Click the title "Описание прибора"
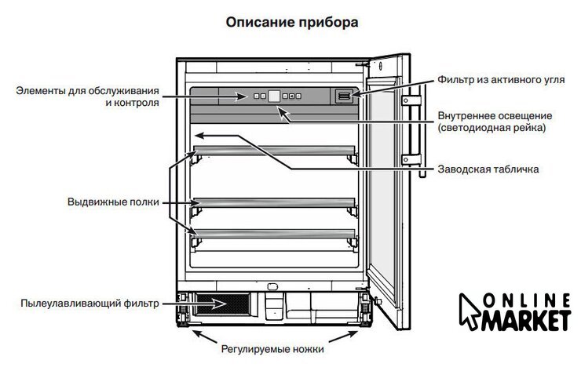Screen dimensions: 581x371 pos(292,23)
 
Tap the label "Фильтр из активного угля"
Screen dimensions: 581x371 pos(501,79)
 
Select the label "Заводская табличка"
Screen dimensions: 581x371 pos(488,169)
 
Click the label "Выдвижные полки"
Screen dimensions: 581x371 pos(113,202)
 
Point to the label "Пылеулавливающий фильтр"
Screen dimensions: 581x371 pos(90,304)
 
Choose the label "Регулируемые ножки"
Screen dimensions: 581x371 pos(272,349)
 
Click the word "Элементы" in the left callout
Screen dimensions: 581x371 pos(41,91)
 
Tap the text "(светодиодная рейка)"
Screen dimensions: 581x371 pos(491,128)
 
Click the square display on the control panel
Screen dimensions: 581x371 pos(274,96)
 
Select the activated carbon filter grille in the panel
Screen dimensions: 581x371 pos(344,96)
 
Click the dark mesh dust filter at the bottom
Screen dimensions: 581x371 pos(222,304)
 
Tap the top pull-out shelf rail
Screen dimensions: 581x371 pos(274,151)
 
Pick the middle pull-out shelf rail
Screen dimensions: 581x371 pos(274,202)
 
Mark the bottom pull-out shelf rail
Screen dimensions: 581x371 pos(274,234)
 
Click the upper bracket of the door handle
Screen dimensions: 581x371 pos(411,100)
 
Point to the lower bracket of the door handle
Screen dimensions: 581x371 pos(411,159)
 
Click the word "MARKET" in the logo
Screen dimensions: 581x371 pos(526,321)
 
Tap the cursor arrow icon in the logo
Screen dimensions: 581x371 pos(470,311)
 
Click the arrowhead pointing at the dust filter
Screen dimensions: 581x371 pos(220,304)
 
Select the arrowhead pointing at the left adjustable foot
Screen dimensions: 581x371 pos(198,333)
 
